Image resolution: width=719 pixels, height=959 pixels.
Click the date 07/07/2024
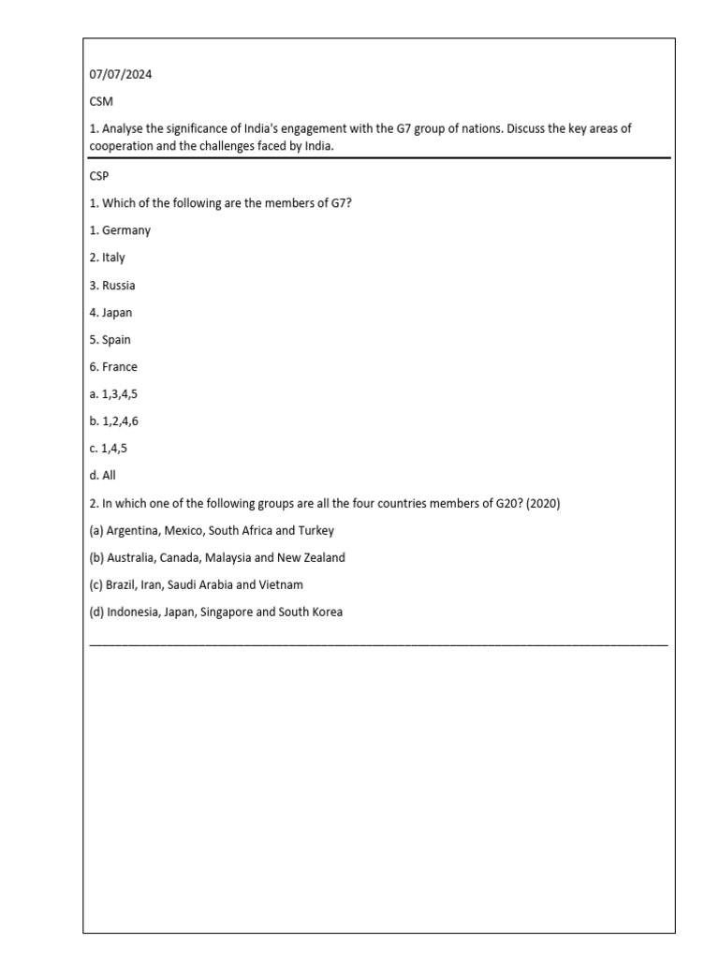pyautogui.click(x=120, y=75)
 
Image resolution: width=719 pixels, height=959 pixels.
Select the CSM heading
pyautogui.click(x=101, y=102)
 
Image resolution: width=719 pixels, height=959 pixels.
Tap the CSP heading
pyautogui.click(x=100, y=176)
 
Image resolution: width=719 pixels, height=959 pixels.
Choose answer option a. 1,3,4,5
pyautogui.click(x=114, y=394)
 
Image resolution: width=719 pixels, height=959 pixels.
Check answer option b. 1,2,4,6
pyautogui.click(x=114, y=421)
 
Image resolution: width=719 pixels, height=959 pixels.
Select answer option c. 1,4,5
pyautogui.click(x=109, y=449)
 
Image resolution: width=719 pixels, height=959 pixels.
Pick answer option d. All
pyautogui.click(x=103, y=476)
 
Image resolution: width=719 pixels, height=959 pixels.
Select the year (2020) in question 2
pyautogui.click(x=543, y=503)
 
